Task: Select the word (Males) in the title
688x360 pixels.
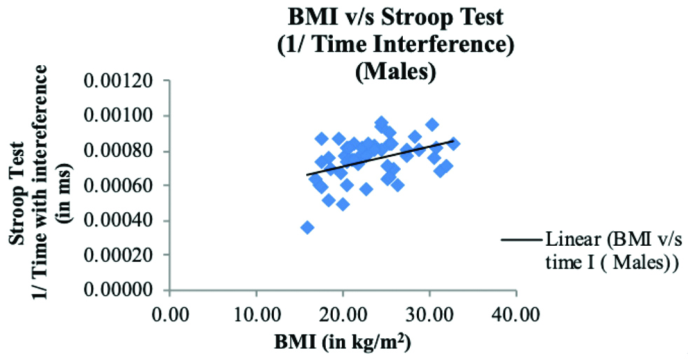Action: point(387,73)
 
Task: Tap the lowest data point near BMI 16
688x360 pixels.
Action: point(307,227)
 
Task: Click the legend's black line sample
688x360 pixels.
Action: point(520,240)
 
